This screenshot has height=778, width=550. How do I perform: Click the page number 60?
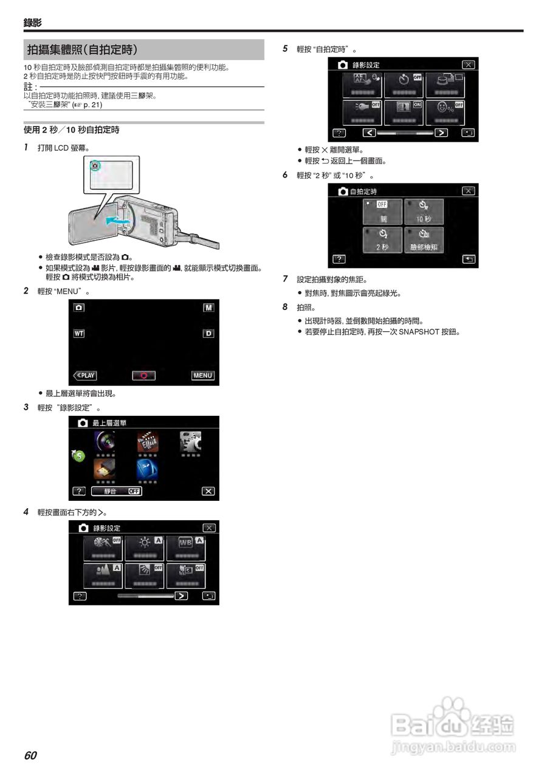tap(30, 756)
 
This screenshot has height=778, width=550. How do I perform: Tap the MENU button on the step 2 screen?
tap(202, 376)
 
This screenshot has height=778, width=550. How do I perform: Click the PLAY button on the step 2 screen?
tap(84, 376)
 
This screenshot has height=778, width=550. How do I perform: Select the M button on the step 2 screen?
tap(208, 308)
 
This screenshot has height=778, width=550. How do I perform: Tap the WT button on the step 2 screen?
tap(79, 334)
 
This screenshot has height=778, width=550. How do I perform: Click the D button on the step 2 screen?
tap(208, 334)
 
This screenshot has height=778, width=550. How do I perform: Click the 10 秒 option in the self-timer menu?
tap(424, 212)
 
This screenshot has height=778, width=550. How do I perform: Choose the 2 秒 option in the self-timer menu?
tap(382, 240)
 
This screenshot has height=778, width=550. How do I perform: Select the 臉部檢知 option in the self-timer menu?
tap(424, 240)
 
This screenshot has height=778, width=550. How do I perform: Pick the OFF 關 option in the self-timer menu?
tap(382, 212)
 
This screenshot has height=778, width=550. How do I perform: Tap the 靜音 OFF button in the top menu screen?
tap(116, 491)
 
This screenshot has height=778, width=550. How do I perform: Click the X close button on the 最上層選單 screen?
tap(208, 491)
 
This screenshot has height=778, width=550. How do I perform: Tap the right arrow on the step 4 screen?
tap(181, 596)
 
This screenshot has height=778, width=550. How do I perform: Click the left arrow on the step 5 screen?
tap(369, 133)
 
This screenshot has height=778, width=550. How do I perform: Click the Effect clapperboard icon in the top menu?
tap(147, 446)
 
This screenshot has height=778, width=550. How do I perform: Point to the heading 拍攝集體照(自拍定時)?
tap(82, 49)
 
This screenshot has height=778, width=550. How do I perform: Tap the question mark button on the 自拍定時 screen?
tap(339, 259)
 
